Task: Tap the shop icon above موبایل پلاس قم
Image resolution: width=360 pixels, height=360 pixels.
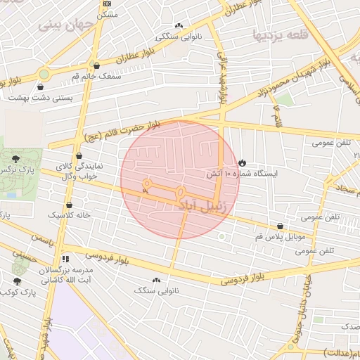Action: [x=281, y=226]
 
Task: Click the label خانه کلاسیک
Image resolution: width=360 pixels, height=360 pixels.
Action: [x=69, y=214]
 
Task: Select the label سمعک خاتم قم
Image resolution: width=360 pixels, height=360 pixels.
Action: [x=97, y=75]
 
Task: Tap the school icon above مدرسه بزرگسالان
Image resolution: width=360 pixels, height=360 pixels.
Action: [x=65, y=259]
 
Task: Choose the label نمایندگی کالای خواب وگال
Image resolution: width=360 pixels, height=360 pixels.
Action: [x=80, y=172]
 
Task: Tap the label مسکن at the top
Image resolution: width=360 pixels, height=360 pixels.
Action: [x=106, y=14]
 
